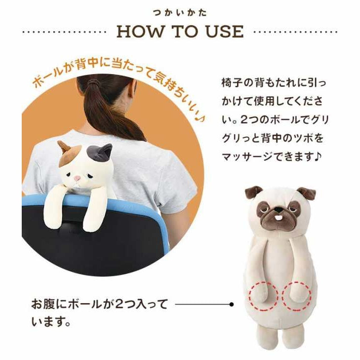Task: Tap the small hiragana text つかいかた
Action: (x=180, y=13)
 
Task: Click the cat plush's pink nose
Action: (x=78, y=178)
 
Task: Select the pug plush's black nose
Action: (x=278, y=209)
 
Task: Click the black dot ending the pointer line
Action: (x=232, y=304)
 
